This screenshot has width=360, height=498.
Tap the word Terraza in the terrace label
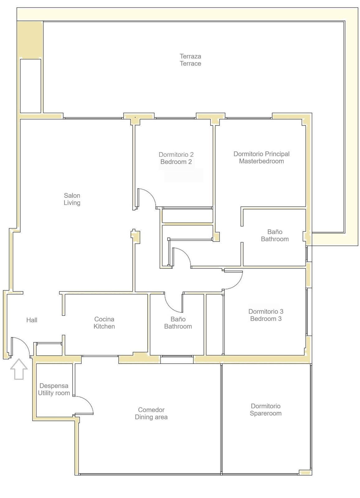[x=190, y=56]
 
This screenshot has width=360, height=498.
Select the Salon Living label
[x=72, y=199]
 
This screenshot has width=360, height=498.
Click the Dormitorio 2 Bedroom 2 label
[x=176, y=158]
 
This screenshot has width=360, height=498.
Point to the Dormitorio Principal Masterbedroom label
[x=261, y=157]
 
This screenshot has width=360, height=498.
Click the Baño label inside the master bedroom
[x=275, y=235]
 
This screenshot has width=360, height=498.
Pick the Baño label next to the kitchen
[x=178, y=323]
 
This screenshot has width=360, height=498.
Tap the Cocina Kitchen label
[x=104, y=323]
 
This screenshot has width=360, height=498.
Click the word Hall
[x=32, y=320]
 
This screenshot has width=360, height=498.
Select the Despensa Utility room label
[x=54, y=389]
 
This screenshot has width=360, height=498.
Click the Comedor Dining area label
[x=151, y=413]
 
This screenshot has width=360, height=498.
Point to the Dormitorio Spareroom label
[x=266, y=410]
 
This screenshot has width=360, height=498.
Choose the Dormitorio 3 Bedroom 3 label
[x=266, y=315]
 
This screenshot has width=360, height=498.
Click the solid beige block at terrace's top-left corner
[x=30, y=39]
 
